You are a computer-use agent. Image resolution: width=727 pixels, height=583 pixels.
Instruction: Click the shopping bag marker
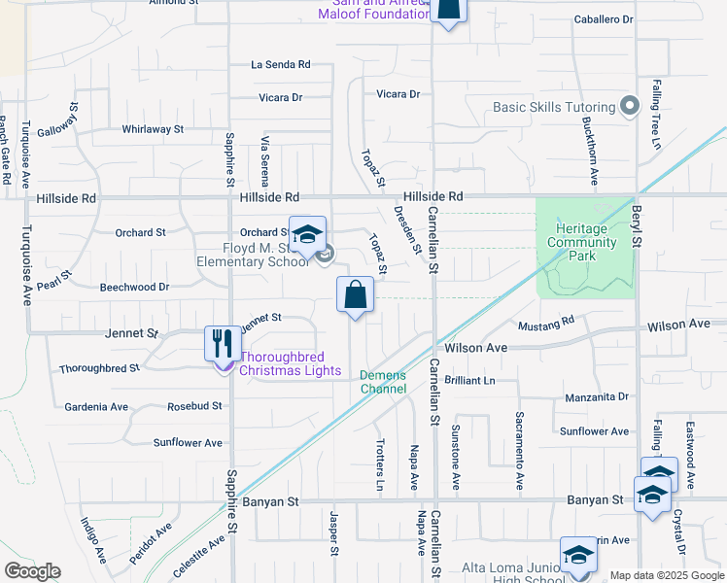(x=355, y=294)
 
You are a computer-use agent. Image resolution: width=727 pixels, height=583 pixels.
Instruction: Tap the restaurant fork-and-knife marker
(x=223, y=343)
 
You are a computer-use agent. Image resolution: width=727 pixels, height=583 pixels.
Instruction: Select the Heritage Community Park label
(x=581, y=235)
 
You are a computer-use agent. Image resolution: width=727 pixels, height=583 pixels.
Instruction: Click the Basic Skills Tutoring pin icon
(x=630, y=107)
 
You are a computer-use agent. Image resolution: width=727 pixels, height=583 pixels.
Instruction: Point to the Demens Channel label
(x=383, y=382)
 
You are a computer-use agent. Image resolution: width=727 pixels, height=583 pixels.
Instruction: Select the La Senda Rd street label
(x=280, y=64)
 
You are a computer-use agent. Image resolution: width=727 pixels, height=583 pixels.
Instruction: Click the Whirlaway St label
(x=153, y=129)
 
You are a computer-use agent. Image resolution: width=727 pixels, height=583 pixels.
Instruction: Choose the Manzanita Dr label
(x=597, y=397)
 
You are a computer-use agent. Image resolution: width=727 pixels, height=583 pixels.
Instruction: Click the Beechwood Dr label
(x=135, y=287)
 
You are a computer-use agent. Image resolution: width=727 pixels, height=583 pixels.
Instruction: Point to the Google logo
(x=32, y=571)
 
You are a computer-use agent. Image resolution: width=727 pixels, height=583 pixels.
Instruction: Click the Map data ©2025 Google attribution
(x=666, y=575)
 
